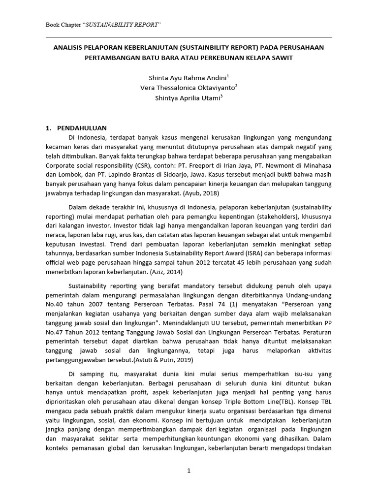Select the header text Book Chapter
tap(64, 24)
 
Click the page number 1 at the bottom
tap(189, 471)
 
